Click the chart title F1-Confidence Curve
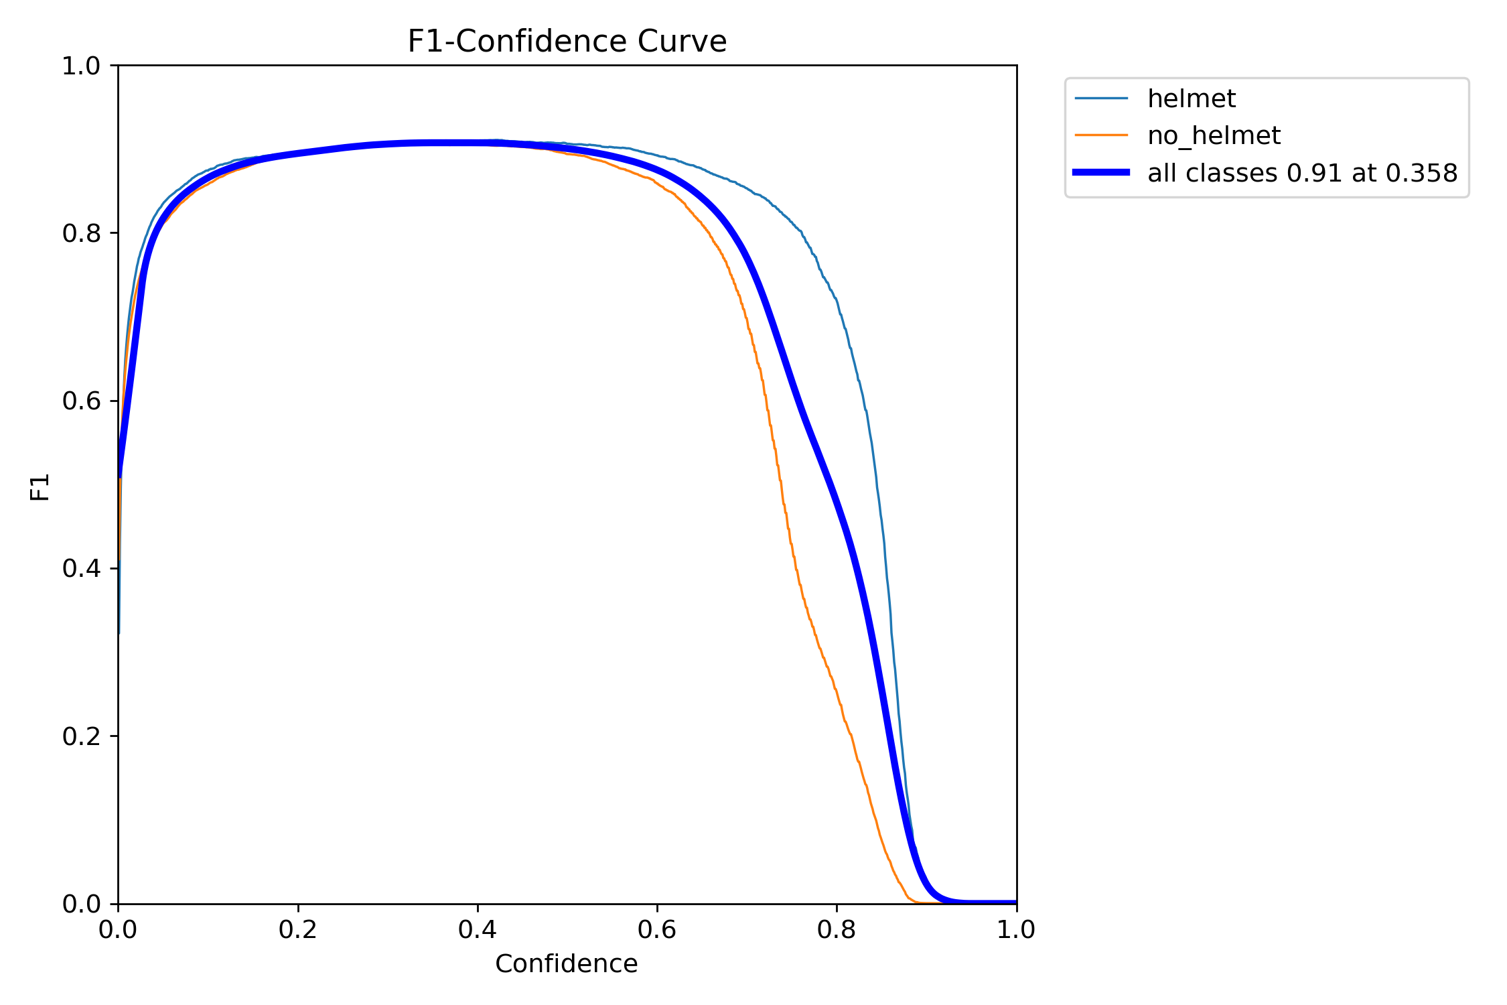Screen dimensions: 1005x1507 coord(567,42)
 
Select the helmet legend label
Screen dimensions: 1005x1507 coord(1191,99)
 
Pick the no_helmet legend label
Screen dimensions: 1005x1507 coord(1214,136)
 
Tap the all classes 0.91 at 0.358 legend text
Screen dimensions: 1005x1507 coord(1302,174)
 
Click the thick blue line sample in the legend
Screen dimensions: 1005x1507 coord(1101,173)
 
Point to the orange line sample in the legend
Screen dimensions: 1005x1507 coord(1101,135)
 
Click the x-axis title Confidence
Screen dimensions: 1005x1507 coord(566,963)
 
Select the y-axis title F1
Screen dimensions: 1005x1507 coord(40,487)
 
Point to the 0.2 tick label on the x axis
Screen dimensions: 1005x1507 coord(297,930)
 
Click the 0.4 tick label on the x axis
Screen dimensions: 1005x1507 coord(478,930)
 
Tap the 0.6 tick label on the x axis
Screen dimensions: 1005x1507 coord(657,930)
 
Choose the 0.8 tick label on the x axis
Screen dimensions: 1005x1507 coord(837,930)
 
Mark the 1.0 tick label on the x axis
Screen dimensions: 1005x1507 coord(1016,930)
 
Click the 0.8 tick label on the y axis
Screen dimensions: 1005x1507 coord(81,233)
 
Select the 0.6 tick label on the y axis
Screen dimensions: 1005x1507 coord(81,401)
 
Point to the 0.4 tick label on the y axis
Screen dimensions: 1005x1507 coord(81,568)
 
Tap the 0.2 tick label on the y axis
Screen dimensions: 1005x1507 coord(81,736)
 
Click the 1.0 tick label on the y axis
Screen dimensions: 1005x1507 coord(81,66)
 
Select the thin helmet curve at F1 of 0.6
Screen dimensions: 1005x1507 coord(865,401)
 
